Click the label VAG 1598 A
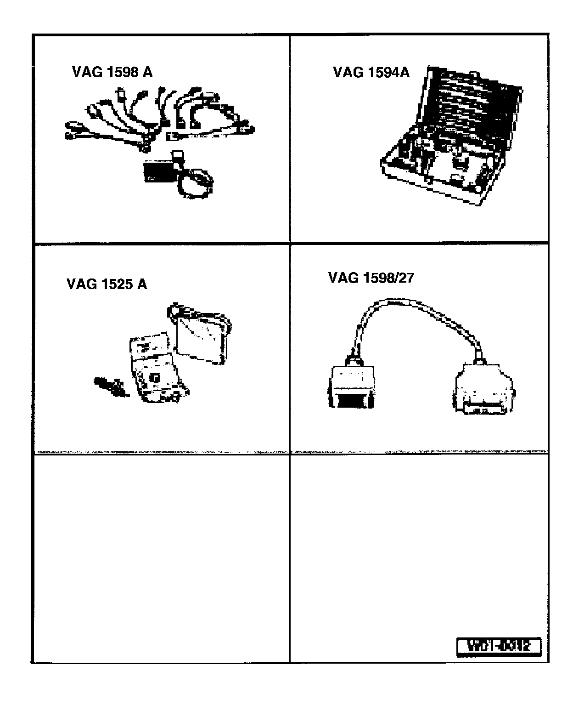pyautogui.click(x=112, y=72)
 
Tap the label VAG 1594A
pyautogui.click(x=371, y=72)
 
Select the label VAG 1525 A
pyautogui.click(x=107, y=284)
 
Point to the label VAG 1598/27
pyautogui.click(x=371, y=278)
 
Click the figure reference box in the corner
pyautogui.click(x=499, y=647)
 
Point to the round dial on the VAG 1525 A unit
pyautogui.click(x=154, y=377)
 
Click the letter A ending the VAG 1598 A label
pyautogui.click(x=147, y=72)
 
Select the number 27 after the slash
pyautogui.click(x=406, y=278)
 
